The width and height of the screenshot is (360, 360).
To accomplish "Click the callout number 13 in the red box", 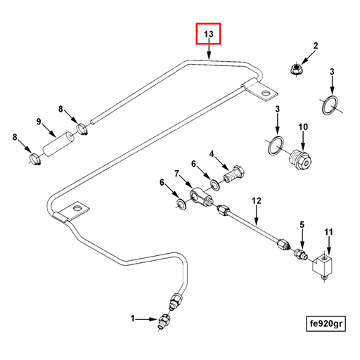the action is [x=208, y=34].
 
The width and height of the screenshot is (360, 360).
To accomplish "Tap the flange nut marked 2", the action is [x=296, y=69].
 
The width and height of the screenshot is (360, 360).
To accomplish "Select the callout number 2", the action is [x=316, y=46].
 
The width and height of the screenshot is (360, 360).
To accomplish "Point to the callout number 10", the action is [x=303, y=127].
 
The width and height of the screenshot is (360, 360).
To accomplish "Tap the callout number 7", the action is [x=176, y=174].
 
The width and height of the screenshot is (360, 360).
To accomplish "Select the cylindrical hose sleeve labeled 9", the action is [x=58, y=143].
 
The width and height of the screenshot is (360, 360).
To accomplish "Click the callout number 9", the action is [x=39, y=122].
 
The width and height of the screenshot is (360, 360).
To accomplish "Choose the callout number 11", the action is [x=328, y=232].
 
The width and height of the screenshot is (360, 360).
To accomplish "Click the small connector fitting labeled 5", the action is [x=300, y=255].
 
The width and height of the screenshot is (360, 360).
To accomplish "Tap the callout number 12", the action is [x=256, y=201].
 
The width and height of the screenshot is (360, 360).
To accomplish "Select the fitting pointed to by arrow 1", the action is [x=164, y=321].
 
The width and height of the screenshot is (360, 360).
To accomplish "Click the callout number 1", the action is [x=133, y=319].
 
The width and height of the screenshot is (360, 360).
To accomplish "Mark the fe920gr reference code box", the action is [x=326, y=323].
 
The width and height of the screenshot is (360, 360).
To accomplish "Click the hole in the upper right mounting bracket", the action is [x=266, y=94].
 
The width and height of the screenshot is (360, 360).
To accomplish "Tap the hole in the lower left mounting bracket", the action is [x=77, y=207].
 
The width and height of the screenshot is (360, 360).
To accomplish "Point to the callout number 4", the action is [x=212, y=154].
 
